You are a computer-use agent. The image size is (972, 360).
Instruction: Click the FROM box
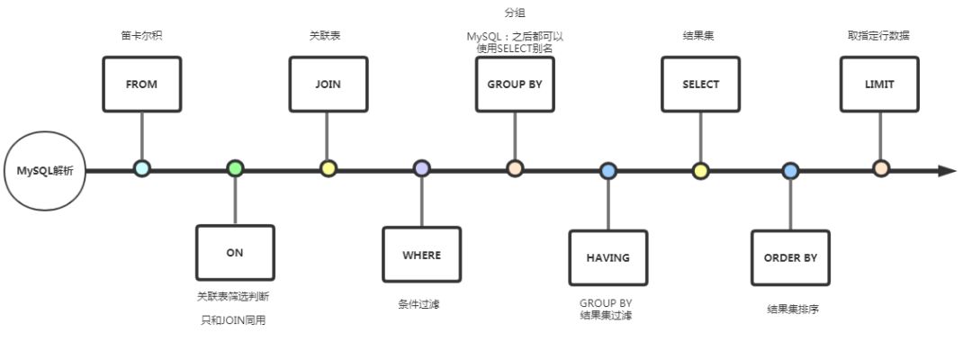(141, 85)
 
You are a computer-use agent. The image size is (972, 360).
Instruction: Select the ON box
(235, 253)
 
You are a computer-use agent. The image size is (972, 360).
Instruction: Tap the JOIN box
(328, 85)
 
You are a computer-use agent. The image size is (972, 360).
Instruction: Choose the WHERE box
(421, 255)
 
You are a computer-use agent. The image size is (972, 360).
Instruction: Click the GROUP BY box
(515, 85)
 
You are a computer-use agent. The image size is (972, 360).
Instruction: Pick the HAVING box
(608, 257)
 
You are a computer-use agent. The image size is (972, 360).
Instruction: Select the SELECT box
(701, 85)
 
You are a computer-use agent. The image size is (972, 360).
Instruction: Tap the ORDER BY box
(790, 257)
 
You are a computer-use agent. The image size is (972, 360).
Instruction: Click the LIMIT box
(880, 85)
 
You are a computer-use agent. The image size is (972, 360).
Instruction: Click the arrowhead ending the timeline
(947, 170)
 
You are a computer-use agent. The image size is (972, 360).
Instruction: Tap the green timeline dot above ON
(235, 168)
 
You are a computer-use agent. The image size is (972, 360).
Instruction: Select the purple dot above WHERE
(421, 168)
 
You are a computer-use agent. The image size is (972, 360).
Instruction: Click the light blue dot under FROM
(141, 168)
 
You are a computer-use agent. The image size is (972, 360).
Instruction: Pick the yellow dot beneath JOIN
(328, 168)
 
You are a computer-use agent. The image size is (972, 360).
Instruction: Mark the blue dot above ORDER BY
(790, 170)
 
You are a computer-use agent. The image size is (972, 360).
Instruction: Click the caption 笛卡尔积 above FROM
(141, 36)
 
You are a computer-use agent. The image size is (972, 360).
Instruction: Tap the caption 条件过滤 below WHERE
(419, 304)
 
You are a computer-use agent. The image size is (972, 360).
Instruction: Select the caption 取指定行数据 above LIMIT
(878, 36)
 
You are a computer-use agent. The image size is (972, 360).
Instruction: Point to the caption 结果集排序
(792, 310)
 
